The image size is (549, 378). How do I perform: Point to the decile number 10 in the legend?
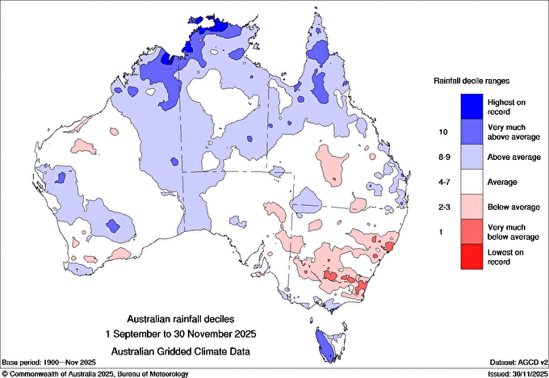[x=442, y=131]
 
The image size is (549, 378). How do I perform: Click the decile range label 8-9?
[x=442, y=157]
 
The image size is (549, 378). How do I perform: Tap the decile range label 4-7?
[x=442, y=183]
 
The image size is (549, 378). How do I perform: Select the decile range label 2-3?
[x=442, y=208]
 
